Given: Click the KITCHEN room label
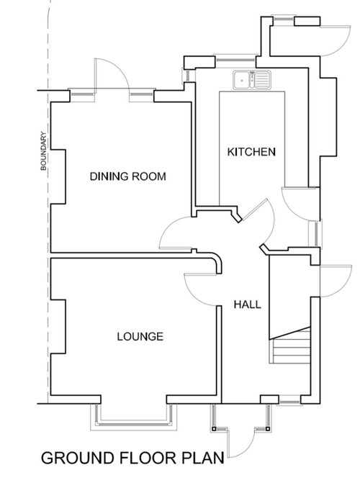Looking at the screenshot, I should [251, 152].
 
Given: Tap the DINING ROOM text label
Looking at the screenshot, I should [128, 176].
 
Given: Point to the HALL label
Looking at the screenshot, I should [247, 304].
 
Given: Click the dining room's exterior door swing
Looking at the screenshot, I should [109, 76].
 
